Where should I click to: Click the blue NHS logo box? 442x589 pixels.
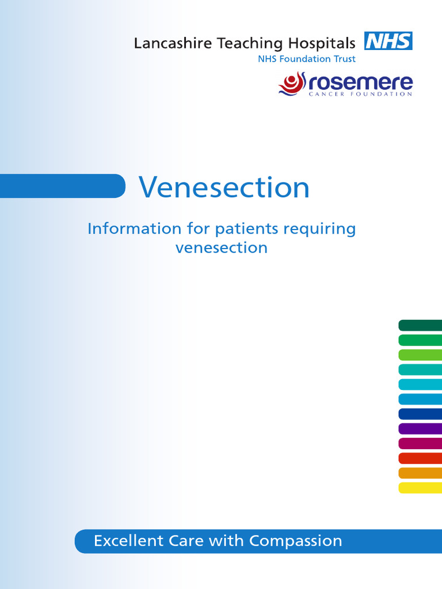tap(388, 41)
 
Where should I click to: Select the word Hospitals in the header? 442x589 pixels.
tap(322, 43)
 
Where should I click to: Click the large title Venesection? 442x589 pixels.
tap(224, 187)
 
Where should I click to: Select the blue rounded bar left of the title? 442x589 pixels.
tap(62, 186)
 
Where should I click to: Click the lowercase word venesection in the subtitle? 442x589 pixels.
tap(221, 248)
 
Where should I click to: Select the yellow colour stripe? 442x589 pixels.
tap(420, 488)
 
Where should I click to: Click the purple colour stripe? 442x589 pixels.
tap(420, 429)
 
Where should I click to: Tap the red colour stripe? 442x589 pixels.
tap(420, 458)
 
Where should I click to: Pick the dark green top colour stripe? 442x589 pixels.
tap(420, 326)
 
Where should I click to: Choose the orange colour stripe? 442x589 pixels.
tap(420, 473)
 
